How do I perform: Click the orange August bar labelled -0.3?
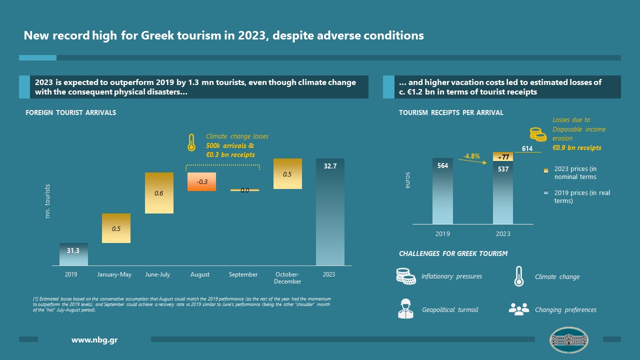[x=201, y=181]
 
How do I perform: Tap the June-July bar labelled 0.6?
[x=159, y=193]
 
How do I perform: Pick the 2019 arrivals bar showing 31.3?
[x=73, y=254]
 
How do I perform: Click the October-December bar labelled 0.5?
[x=287, y=174]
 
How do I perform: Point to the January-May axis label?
[x=114, y=274]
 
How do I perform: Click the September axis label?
[x=243, y=274]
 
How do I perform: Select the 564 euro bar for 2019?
[x=442, y=191]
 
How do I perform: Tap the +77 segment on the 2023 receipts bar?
[x=503, y=157]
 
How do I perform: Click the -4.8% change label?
[x=471, y=156]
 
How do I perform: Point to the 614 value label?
[x=527, y=148]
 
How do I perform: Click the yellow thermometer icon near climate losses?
[x=190, y=142]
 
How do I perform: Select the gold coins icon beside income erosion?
[x=538, y=134]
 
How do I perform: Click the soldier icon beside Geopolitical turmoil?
[x=405, y=308]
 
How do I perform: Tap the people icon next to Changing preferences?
[x=518, y=309]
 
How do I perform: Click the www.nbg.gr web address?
[x=94, y=340]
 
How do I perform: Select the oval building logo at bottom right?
[x=568, y=340]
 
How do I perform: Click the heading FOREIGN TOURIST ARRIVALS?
[x=70, y=112]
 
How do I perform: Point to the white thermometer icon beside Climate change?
[x=518, y=276]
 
